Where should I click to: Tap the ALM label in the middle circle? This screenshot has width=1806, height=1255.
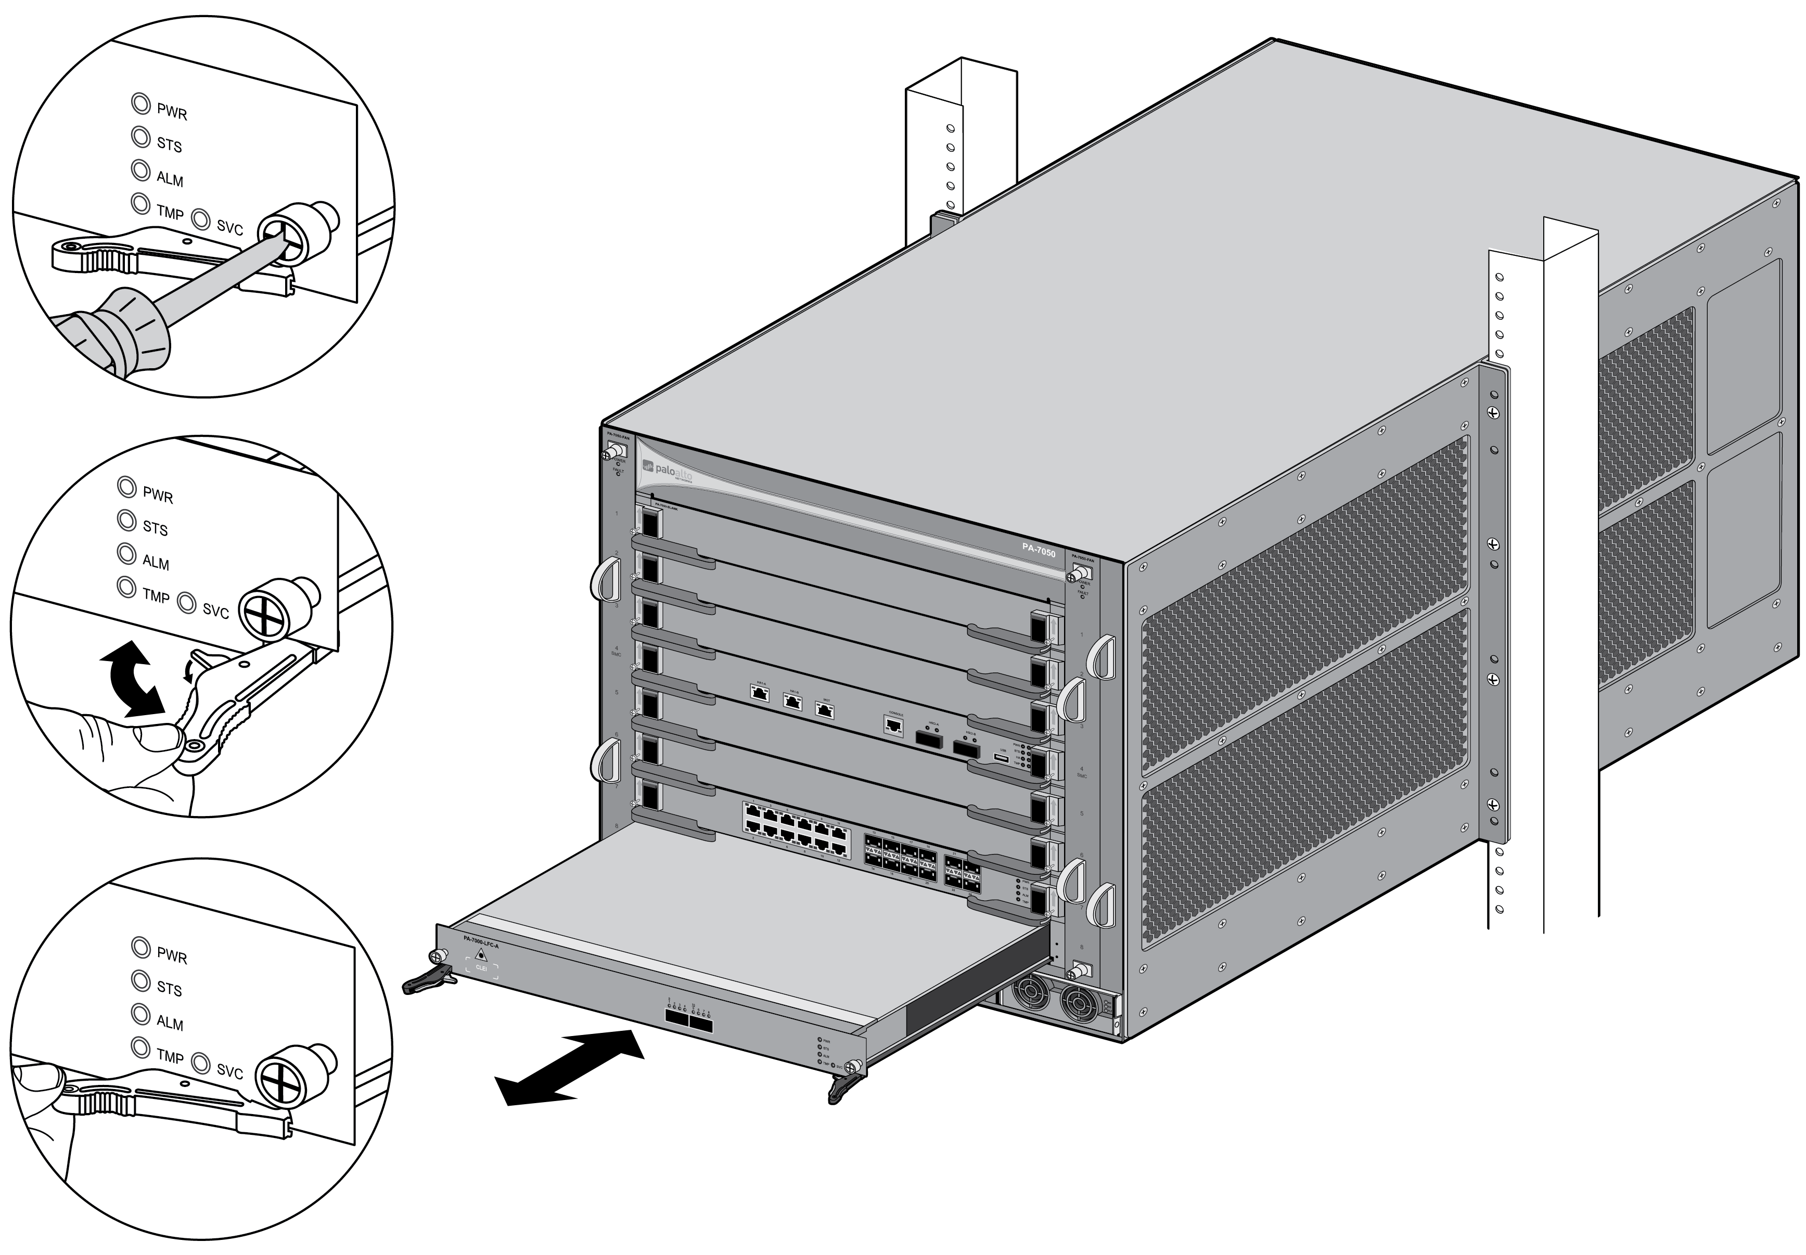coord(156,563)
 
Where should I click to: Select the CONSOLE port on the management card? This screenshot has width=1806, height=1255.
coord(893,725)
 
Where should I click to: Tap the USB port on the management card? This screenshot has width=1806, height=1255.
coord(1001,758)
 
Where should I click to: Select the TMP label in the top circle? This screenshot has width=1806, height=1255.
coord(170,212)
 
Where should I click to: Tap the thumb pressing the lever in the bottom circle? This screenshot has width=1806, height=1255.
coord(35,1077)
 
